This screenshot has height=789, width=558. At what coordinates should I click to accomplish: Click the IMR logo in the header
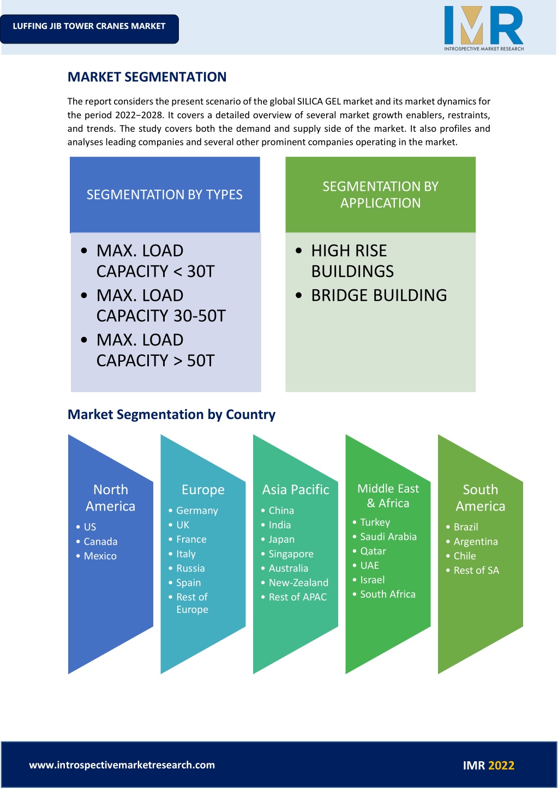tap(484, 28)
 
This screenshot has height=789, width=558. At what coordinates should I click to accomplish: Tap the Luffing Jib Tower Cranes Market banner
tap(89, 29)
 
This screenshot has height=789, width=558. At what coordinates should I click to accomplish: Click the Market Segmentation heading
tap(147, 77)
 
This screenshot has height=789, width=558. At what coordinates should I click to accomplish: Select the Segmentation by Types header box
tap(165, 195)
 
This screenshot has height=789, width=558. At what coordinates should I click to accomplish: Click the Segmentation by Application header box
tap(380, 195)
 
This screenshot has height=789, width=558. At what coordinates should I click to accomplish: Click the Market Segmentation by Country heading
tap(171, 415)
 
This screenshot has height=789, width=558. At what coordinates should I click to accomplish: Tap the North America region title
tap(110, 497)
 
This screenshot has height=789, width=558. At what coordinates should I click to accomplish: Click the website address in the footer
tap(122, 765)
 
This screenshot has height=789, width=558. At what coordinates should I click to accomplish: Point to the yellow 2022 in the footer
tap(501, 766)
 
